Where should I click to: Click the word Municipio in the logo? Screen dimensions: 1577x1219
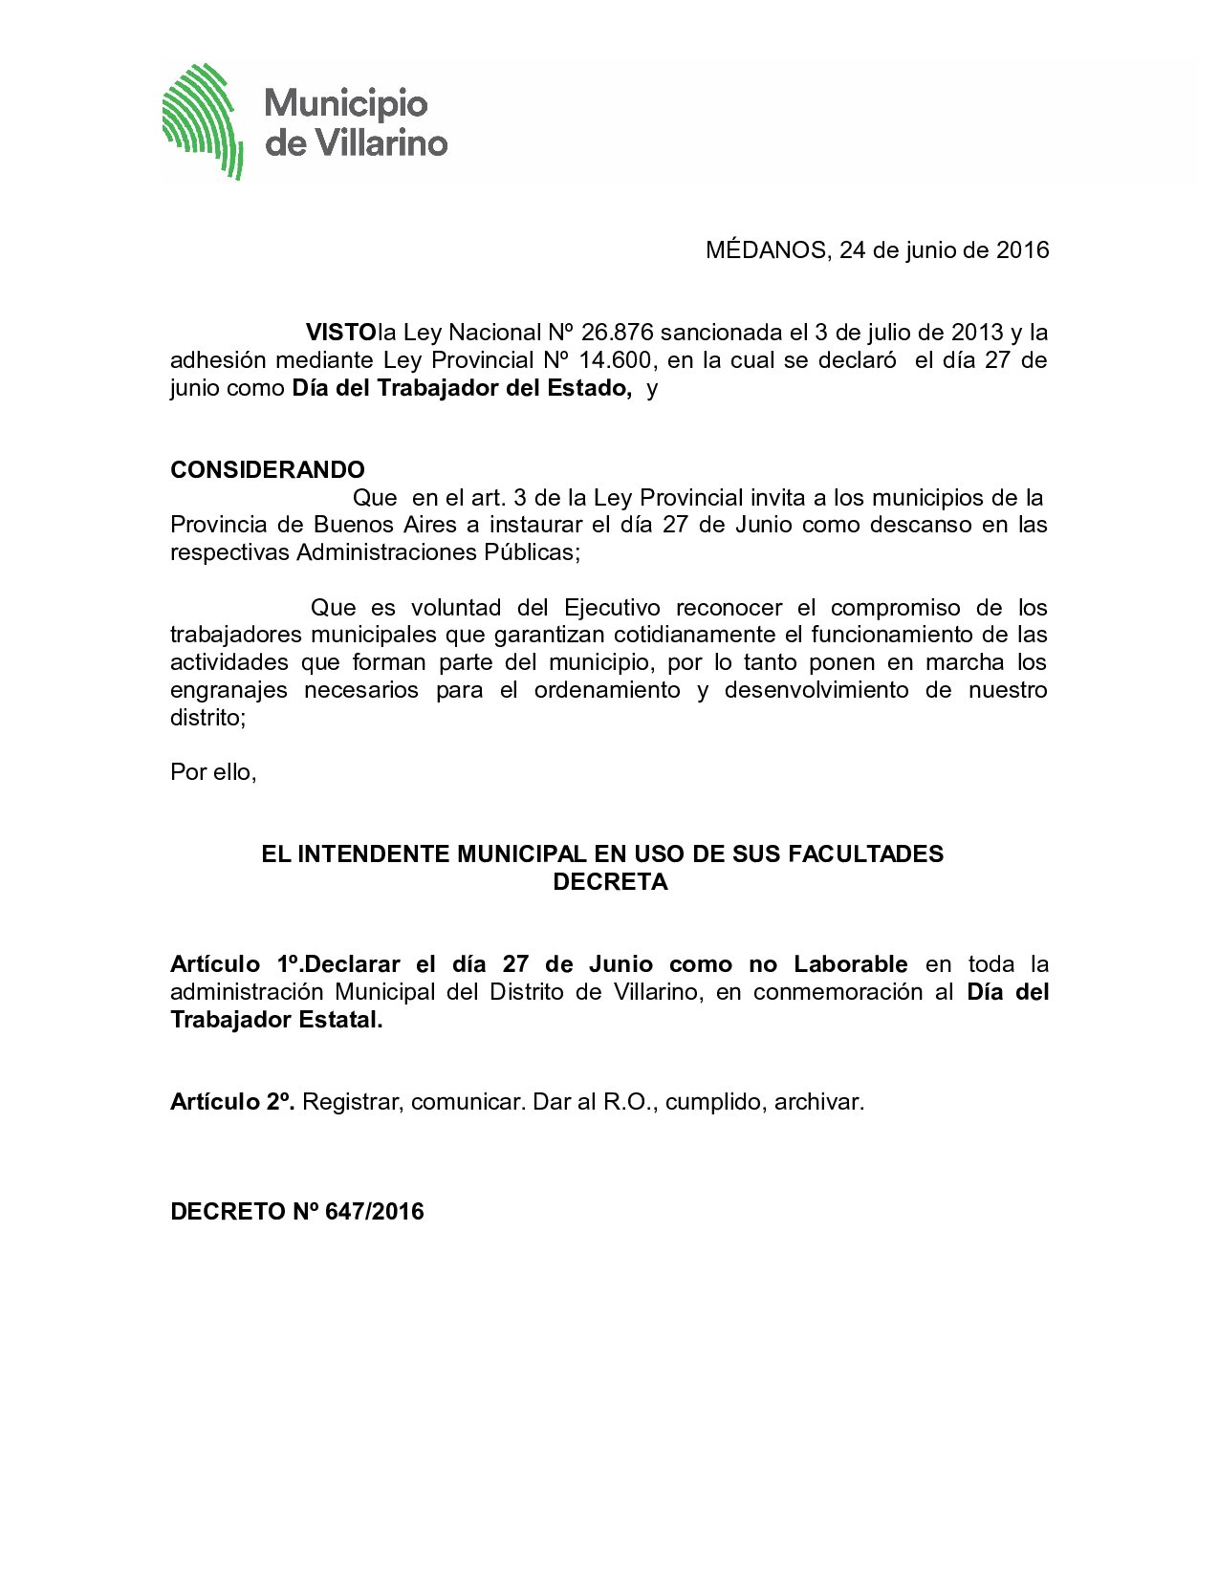[x=345, y=103]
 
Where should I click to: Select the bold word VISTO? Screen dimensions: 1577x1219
[x=340, y=333]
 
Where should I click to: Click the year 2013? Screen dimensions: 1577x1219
[x=977, y=333]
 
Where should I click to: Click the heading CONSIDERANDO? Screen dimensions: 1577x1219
[x=268, y=470]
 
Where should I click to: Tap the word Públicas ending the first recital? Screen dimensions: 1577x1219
[x=536, y=552]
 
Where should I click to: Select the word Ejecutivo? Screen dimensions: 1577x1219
[x=612, y=608]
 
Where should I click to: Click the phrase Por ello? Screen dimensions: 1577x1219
[x=213, y=771]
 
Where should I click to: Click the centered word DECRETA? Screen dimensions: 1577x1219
[x=610, y=882]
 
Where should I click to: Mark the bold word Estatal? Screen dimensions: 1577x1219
[x=340, y=1020]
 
